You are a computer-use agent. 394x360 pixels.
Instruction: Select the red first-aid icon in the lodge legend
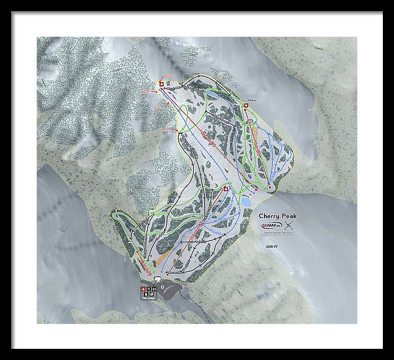pyautogui.click(x=141, y=289)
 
